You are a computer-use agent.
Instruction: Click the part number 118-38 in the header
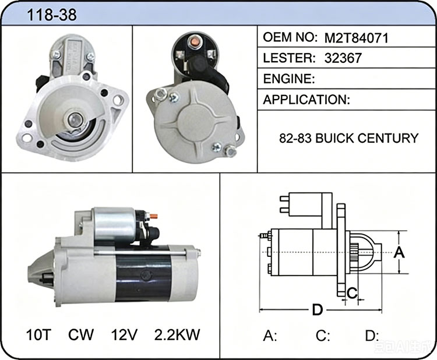click(x=51, y=15)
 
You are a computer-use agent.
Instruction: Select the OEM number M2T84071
click(x=356, y=38)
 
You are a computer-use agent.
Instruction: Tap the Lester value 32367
click(x=343, y=58)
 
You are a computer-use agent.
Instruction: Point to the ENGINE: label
click(x=289, y=79)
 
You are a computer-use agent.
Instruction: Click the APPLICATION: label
click(x=306, y=100)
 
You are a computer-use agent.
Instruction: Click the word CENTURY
click(x=387, y=138)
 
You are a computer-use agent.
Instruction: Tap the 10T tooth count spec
click(x=38, y=334)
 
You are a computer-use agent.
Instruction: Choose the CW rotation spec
click(x=81, y=334)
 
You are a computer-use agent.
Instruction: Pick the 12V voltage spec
click(x=124, y=334)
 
